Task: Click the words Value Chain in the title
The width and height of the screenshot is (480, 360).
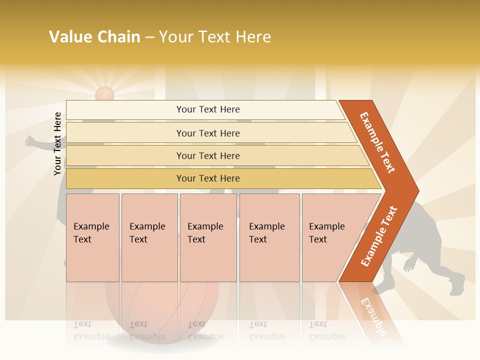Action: point(94,37)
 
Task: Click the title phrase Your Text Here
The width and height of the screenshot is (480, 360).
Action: point(215,37)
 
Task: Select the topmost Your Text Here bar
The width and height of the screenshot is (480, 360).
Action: point(207,109)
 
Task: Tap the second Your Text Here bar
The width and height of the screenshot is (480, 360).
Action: point(207,133)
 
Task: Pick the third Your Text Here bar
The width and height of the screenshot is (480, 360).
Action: point(207,155)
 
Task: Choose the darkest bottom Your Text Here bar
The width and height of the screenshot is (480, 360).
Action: point(207,178)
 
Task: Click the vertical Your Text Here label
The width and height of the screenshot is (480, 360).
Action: point(57,143)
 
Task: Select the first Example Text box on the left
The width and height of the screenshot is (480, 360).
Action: point(92,237)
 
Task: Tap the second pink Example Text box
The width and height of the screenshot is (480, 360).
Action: point(149,237)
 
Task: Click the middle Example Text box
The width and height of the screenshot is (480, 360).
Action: point(207,237)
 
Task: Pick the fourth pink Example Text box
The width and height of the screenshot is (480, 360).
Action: point(269,237)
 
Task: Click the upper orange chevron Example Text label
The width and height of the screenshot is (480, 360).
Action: point(377,142)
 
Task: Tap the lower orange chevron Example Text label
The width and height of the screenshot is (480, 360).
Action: point(379,236)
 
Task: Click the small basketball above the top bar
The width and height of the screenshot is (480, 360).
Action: point(104,93)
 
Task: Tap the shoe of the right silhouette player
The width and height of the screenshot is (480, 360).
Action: point(457,287)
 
